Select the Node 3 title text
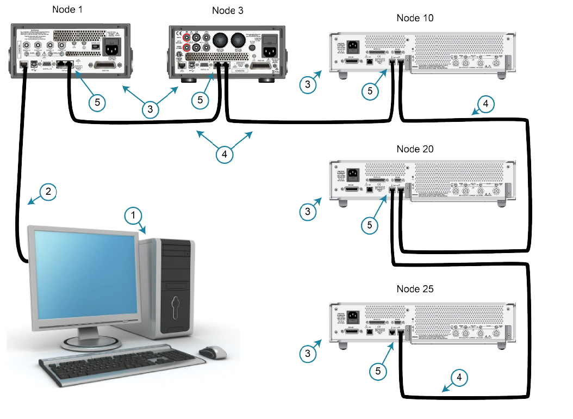(x=227, y=10)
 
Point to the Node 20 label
(x=415, y=149)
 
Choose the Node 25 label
(x=415, y=288)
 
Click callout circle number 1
(x=132, y=216)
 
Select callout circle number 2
(x=48, y=192)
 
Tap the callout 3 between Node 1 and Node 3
(x=151, y=109)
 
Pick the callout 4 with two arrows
(x=224, y=155)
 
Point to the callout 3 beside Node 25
(x=308, y=353)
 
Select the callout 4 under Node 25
(x=459, y=377)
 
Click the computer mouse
(x=212, y=352)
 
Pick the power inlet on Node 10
(x=351, y=46)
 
